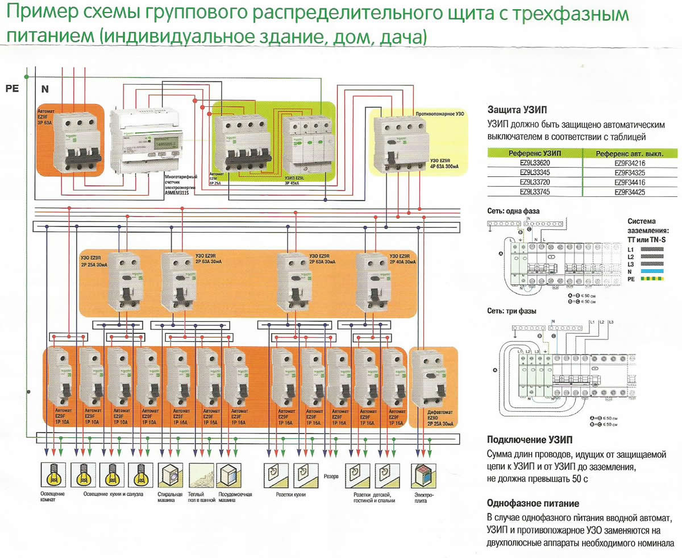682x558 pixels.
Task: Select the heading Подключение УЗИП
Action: [530, 440]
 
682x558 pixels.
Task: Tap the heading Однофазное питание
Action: [533, 503]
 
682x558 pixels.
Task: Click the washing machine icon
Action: [170, 474]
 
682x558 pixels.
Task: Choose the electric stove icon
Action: [422, 474]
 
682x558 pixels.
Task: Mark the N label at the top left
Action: [45, 89]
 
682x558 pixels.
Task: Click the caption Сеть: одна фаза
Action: [513, 210]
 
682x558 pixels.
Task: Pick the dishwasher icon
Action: [230, 474]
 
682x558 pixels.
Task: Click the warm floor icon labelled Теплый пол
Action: [200, 474]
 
